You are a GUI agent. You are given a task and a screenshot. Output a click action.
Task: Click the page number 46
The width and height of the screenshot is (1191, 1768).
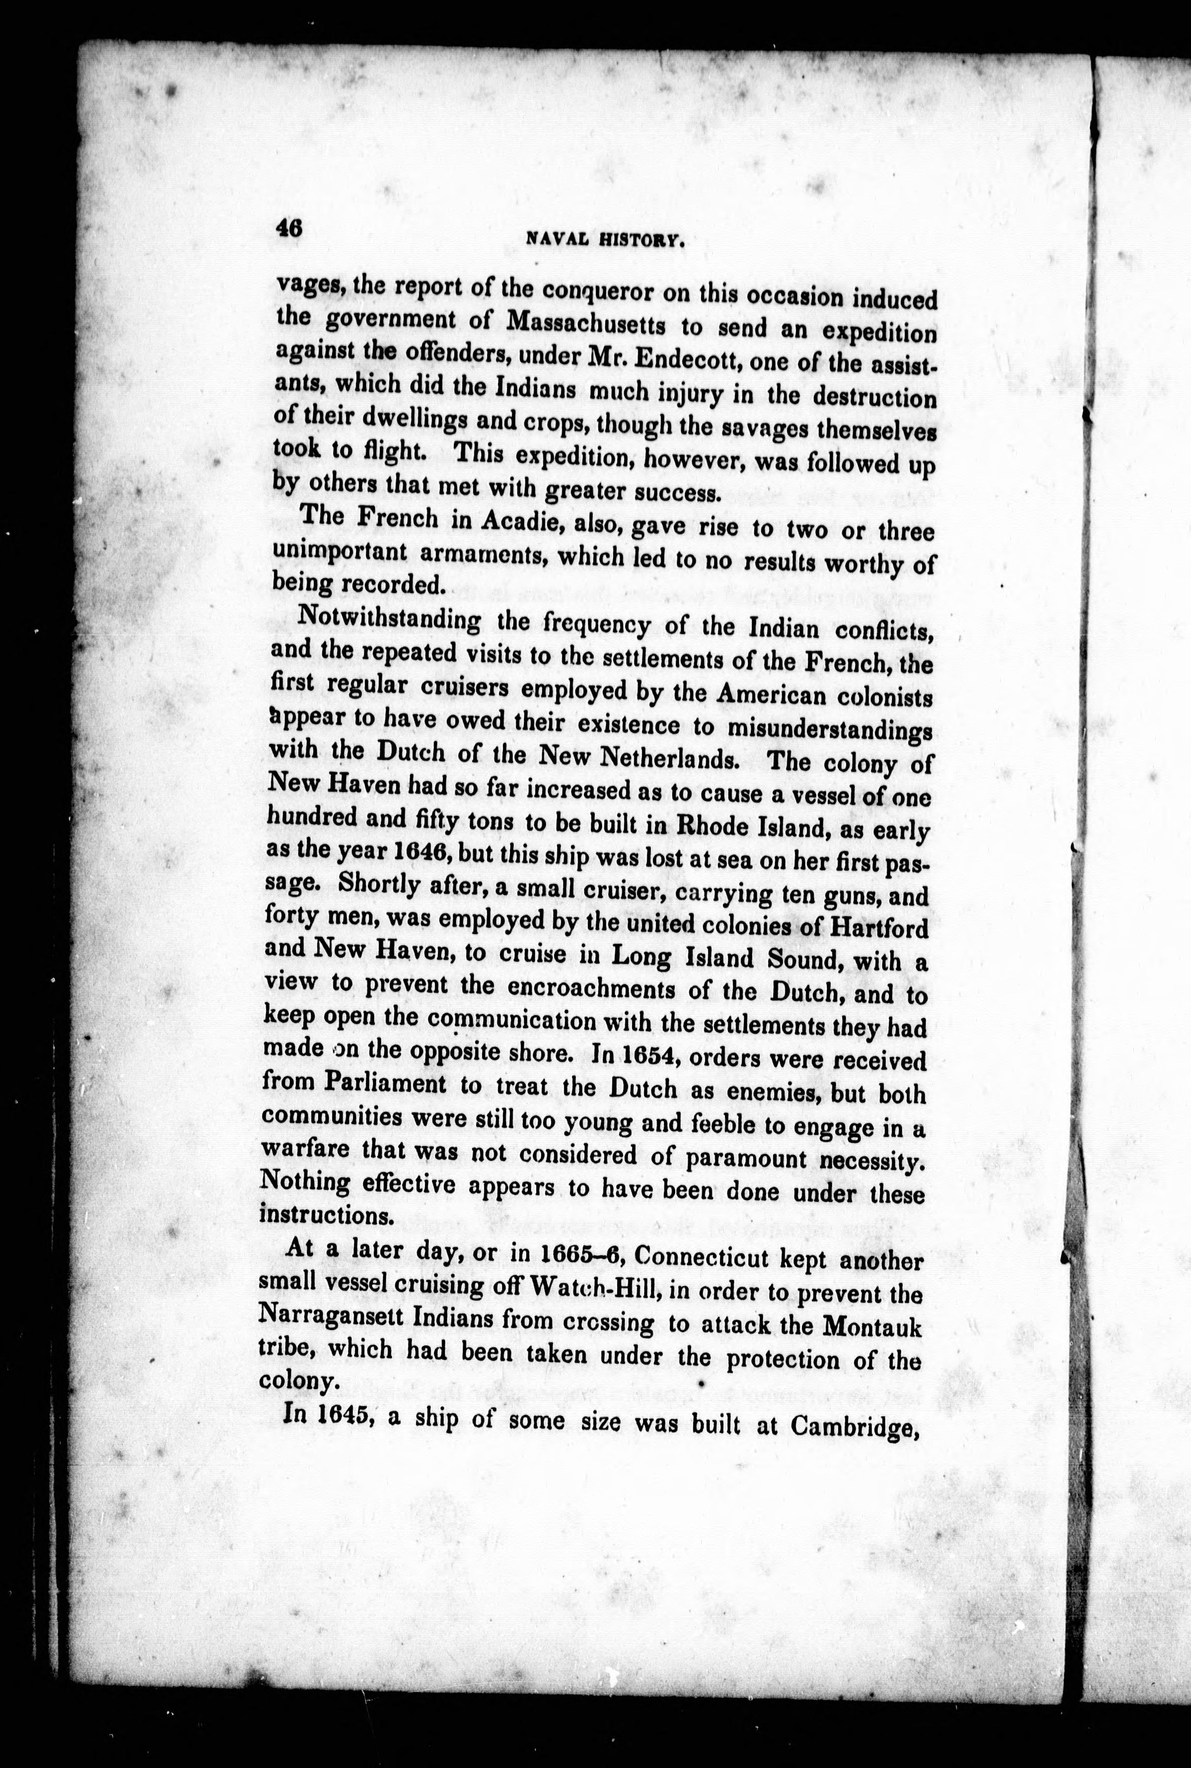pos(290,228)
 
